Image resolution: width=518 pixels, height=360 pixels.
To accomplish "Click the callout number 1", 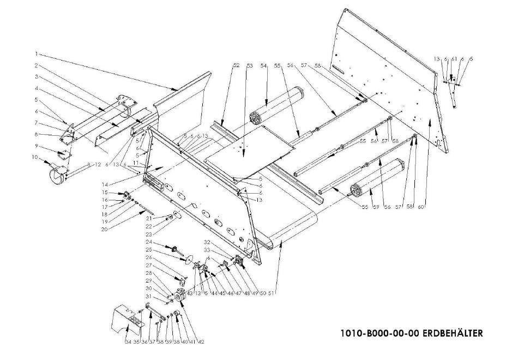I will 36,53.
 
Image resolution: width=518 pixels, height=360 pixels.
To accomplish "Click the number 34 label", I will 128,343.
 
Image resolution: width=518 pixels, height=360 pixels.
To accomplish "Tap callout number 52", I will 236,65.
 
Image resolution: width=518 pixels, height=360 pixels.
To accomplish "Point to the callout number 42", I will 202,343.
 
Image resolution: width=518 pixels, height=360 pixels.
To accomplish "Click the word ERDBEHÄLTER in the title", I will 452,333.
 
